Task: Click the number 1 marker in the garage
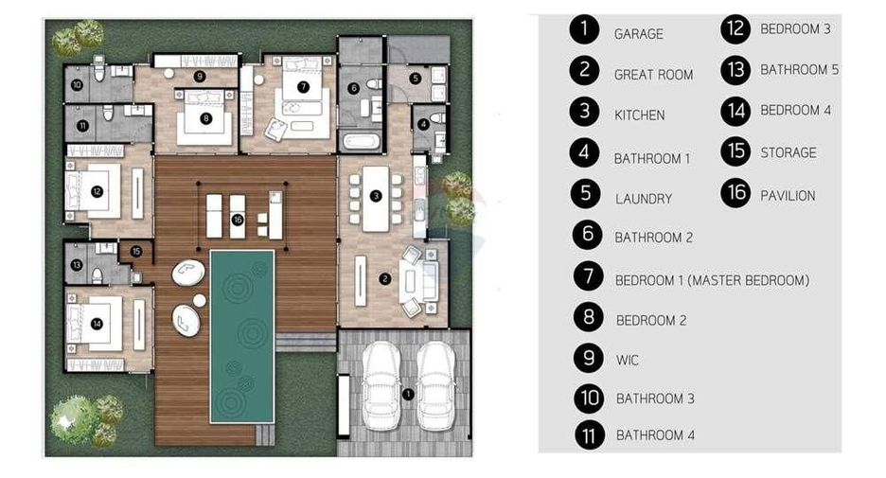tap(408, 394)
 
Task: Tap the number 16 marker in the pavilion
tap(238, 220)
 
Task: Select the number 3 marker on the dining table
tap(376, 196)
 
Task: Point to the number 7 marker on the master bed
tap(304, 86)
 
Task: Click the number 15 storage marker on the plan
tap(136, 252)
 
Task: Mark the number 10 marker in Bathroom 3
tap(77, 85)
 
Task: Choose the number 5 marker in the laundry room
tap(416, 79)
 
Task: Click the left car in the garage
tap(381, 385)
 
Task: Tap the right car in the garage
tap(435, 385)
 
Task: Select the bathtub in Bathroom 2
tap(361, 140)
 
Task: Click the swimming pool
tap(242, 337)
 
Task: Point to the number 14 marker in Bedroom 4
tap(97, 324)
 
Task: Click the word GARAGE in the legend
tap(639, 34)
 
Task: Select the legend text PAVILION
tap(788, 196)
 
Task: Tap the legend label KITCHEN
tap(640, 115)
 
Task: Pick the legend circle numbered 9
tap(589, 358)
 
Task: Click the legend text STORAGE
tap(789, 152)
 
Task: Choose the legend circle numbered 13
tap(735, 69)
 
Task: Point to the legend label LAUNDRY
tap(644, 199)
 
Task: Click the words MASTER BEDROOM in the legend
tap(748, 280)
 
